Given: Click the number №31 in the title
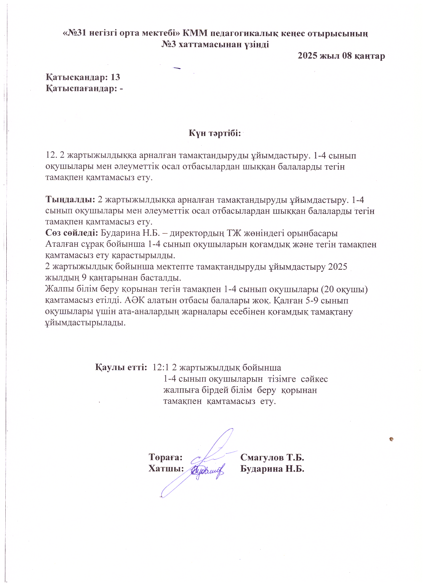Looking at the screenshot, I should (76, 33).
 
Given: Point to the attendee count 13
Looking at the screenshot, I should (115, 77).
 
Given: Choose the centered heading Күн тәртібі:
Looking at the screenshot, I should (214, 133).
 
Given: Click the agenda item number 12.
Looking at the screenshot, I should (51, 155).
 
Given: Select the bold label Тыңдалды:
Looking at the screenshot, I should (70, 200).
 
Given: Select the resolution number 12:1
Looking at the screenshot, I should (160, 367).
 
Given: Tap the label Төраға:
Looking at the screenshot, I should (166, 457).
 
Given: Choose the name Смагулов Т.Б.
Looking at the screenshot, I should (272, 457).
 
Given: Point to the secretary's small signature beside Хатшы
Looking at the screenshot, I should (208, 470).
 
